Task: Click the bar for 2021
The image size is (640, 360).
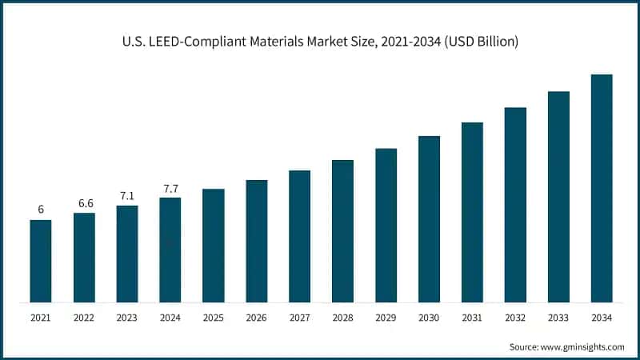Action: tap(41, 261)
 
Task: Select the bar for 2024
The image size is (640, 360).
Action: tap(170, 250)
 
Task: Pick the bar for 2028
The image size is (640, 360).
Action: tap(342, 231)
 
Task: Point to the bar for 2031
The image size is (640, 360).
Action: tap(472, 212)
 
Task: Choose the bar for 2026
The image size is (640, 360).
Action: tap(256, 241)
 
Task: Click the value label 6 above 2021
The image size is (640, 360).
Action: tap(41, 210)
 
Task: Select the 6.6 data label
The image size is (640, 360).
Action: tap(84, 203)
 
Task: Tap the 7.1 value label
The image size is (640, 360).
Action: tap(127, 196)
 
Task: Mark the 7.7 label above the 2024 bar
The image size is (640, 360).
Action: tap(170, 188)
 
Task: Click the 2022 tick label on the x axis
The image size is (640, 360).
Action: tap(84, 318)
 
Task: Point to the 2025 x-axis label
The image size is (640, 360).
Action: tap(214, 318)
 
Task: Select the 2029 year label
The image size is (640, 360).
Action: tap(386, 318)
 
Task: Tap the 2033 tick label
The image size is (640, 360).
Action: tap(558, 318)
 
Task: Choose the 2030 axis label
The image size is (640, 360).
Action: tap(430, 318)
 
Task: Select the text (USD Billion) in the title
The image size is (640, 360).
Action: tap(477, 42)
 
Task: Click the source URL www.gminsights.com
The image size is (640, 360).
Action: tap(581, 346)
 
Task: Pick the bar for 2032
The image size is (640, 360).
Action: tap(515, 205)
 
